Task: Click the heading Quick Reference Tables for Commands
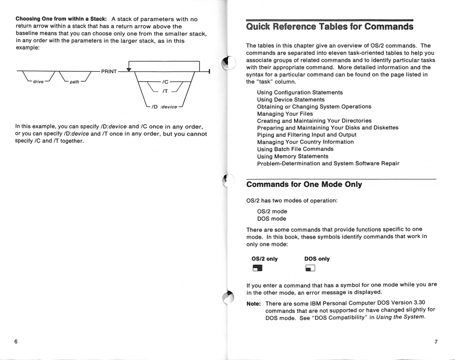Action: click(329, 26)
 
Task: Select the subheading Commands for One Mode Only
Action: click(304, 184)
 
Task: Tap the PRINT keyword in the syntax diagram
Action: click(109, 72)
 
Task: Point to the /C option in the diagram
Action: click(165, 82)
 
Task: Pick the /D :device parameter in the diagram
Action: click(165, 106)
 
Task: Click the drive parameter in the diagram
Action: click(38, 81)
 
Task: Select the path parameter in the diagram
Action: click(74, 82)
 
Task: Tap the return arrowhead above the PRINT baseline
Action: click(129, 69)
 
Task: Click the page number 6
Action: click(16, 342)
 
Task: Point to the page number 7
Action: click(436, 342)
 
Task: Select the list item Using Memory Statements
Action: click(292, 156)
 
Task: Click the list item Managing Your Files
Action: click(285, 114)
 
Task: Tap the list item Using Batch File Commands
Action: click(295, 149)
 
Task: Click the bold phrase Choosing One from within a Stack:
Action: click(61, 18)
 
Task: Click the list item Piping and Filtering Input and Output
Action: click(306, 135)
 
